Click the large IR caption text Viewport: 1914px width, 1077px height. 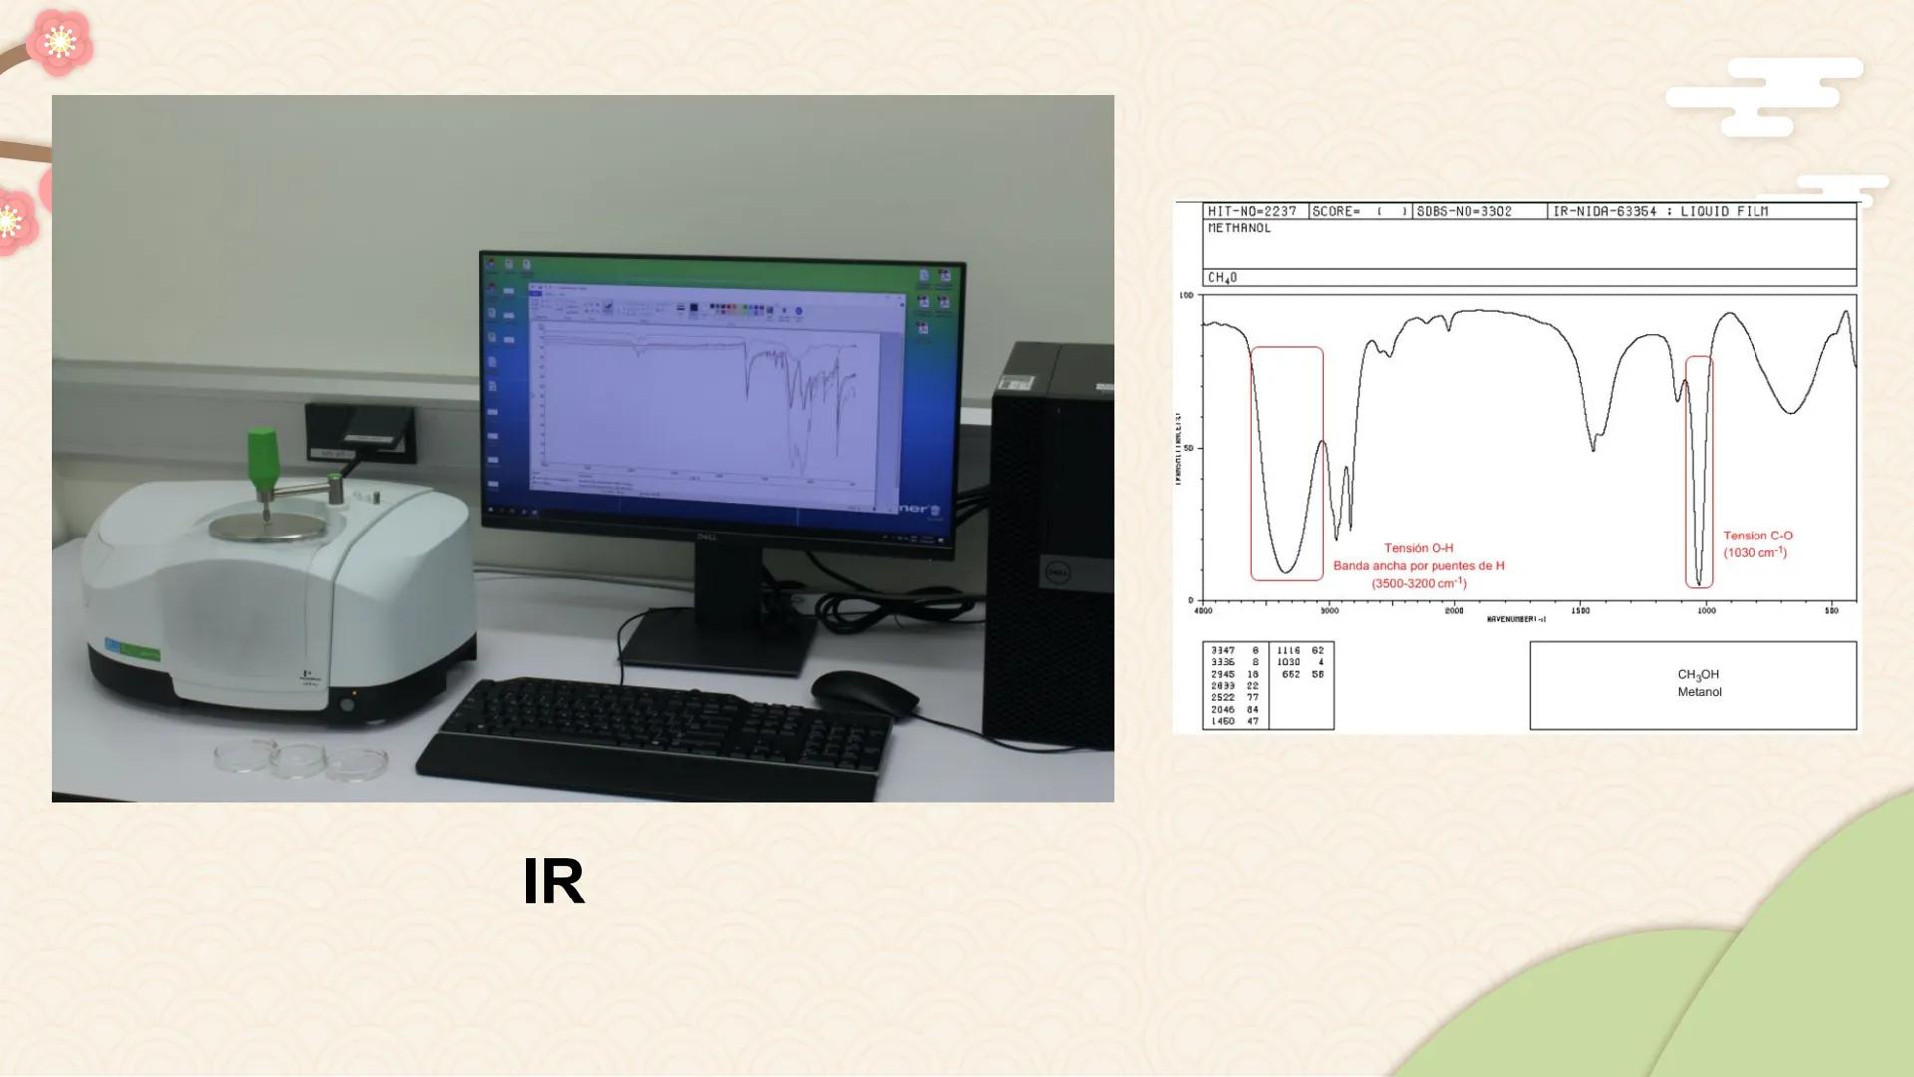[553, 882]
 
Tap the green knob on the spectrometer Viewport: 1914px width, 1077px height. [262, 458]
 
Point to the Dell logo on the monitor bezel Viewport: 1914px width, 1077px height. [706, 538]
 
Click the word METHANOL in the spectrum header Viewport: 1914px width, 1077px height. [1239, 228]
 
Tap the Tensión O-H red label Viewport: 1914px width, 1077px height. [1419, 548]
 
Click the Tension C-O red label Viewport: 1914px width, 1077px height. [1757, 536]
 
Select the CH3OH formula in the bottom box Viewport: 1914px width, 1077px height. [1698, 675]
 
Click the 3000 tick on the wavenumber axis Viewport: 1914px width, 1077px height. [1329, 610]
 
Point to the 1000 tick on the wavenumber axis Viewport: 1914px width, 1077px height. [1706, 610]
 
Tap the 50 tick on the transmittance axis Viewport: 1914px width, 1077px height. [1186, 448]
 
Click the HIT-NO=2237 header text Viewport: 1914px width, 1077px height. [1252, 211]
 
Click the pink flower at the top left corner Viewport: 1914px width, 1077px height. [59, 42]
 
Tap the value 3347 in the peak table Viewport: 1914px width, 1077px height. [1222, 650]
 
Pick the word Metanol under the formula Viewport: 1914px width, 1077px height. [1699, 692]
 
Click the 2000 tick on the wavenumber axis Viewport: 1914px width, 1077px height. [1454, 610]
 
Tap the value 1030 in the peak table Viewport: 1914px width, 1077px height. [1288, 662]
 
